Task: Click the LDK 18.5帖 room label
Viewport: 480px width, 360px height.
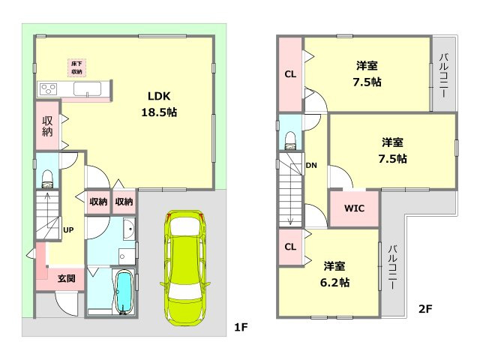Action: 159,104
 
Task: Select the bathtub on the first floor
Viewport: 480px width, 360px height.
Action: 124,292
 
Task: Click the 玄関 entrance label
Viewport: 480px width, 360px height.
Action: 67,278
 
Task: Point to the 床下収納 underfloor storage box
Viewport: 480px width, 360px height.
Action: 76,68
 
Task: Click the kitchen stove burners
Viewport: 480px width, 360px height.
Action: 49,90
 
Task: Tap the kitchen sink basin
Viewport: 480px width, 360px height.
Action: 87,89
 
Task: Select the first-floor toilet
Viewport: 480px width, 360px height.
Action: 47,179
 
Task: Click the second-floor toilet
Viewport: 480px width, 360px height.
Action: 290,140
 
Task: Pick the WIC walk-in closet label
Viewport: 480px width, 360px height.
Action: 354,208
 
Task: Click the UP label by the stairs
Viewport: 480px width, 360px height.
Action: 68,229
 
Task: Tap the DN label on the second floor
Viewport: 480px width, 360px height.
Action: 311,166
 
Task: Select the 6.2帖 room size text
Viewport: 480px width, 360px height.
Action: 335,282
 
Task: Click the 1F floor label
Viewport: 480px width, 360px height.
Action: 241,328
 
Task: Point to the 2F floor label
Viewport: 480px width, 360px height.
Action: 425,309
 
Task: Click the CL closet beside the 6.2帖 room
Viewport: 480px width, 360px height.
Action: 290,247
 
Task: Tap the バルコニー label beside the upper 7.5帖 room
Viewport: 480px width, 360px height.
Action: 444,76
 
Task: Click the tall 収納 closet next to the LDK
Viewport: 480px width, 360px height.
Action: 47,126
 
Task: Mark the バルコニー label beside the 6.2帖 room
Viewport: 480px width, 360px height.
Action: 393,267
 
